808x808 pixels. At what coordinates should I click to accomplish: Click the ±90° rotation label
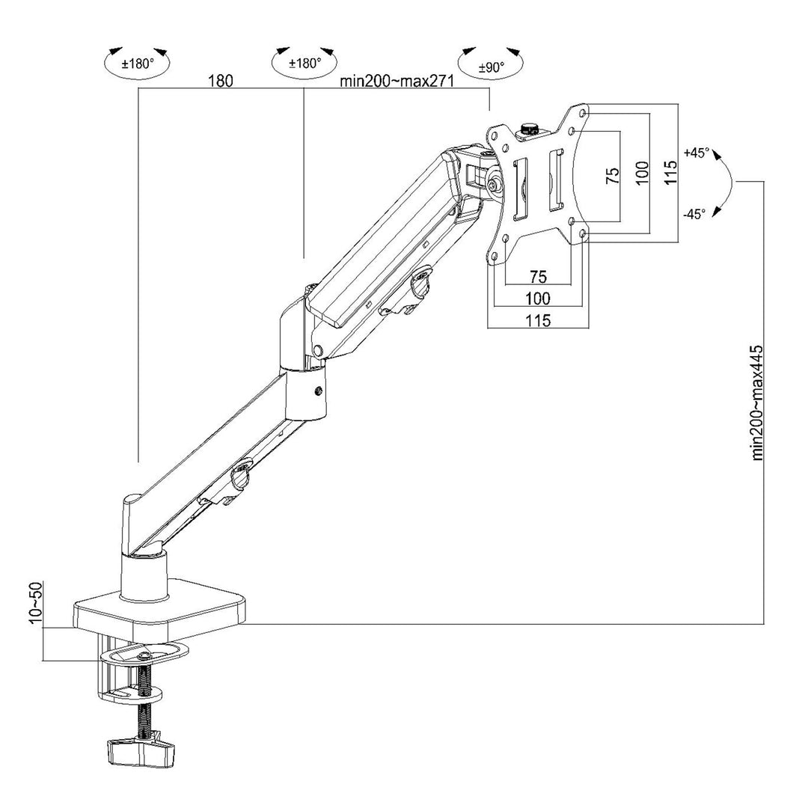coord(492,66)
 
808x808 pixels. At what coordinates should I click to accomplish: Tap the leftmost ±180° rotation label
coord(138,64)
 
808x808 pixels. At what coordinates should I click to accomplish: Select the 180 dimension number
coord(220,81)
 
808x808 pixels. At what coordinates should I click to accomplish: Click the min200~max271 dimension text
coord(397,82)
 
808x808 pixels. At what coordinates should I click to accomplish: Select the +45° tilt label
coord(695,153)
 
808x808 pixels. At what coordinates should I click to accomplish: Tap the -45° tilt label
coord(694,214)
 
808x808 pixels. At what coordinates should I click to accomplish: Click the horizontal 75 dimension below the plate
coord(539,276)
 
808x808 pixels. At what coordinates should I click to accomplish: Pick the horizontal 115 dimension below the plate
coord(538,320)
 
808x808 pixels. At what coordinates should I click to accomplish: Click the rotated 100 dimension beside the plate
coord(641,174)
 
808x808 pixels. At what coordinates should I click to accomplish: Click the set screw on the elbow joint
coord(320,391)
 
